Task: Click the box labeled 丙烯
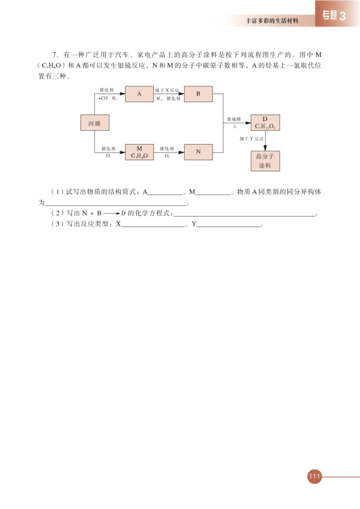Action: click(x=94, y=123)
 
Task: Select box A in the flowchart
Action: click(x=139, y=94)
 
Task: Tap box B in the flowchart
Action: click(x=198, y=94)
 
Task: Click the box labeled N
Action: click(x=198, y=152)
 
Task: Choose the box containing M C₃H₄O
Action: click(x=139, y=152)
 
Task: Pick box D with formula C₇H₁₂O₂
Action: click(x=265, y=122)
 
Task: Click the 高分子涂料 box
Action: click(x=265, y=161)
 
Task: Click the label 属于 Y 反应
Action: click(x=251, y=139)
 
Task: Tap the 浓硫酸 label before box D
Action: click(x=234, y=120)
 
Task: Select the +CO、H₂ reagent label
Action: click(x=107, y=98)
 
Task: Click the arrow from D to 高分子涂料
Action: click(x=265, y=141)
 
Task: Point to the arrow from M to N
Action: click(x=168, y=152)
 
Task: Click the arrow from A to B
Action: click(x=168, y=94)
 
